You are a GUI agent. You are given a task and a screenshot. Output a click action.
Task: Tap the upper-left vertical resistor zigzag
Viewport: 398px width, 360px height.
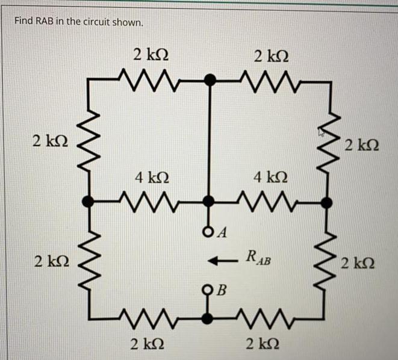[x=90, y=142]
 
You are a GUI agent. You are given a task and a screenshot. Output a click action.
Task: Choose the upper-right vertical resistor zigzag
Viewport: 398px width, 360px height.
[x=328, y=142]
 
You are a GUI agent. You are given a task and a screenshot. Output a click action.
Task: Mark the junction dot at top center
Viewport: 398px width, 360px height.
[x=209, y=79]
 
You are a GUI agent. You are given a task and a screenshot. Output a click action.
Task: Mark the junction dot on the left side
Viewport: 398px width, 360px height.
[x=90, y=202]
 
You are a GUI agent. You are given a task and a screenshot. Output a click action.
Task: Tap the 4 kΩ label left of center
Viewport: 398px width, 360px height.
[x=148, y=178]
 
